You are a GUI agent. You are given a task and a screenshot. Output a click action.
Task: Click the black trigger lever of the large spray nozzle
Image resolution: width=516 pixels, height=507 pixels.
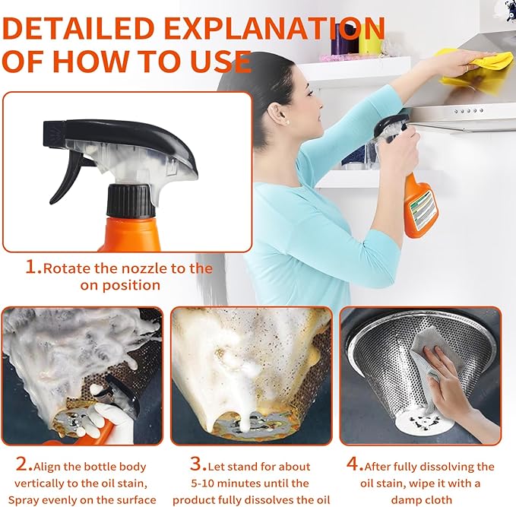(x=67, y=178)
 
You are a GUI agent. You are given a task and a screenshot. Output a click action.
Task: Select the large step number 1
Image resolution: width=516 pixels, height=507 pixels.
(x=33, y=267)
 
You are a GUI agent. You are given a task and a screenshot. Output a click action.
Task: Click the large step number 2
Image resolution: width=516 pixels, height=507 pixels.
(x=24, y=464)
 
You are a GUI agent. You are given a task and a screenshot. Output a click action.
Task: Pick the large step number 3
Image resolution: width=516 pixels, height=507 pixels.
(x=198, y=464)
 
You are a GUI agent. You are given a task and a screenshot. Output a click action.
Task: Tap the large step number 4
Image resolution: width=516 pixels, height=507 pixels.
(x=355, y=464)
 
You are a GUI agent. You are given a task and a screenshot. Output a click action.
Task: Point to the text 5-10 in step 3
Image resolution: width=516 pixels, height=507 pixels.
(x=203, y=483)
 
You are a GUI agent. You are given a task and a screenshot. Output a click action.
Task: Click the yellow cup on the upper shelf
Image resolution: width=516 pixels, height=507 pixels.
(x=370, y=40)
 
